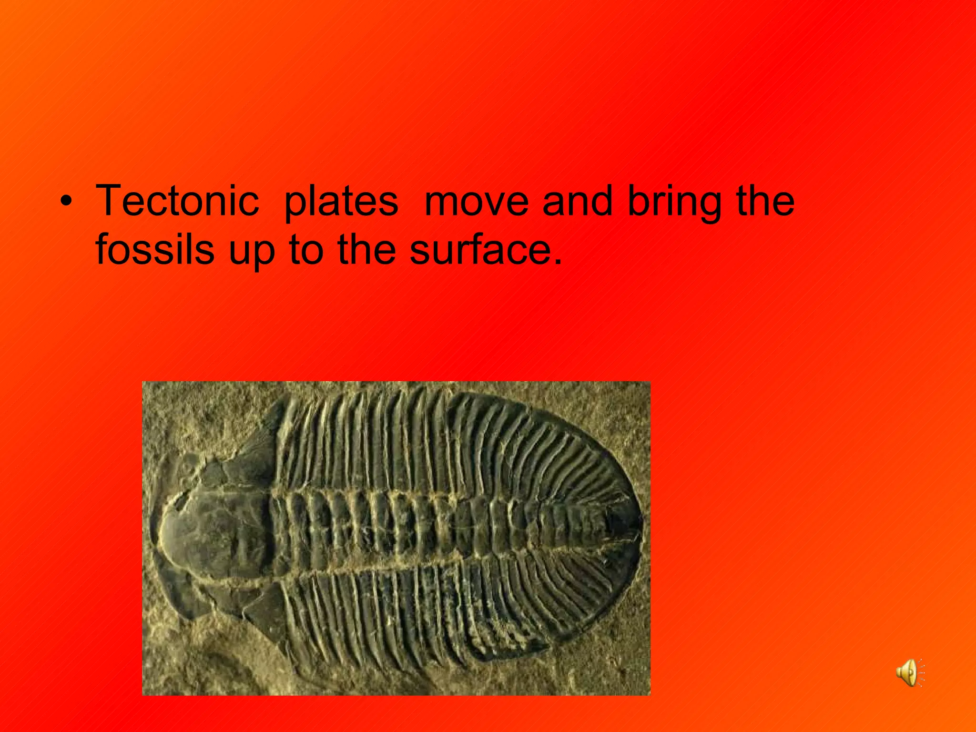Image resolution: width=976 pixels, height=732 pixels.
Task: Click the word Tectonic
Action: tap(177, 201)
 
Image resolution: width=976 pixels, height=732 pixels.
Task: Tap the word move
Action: tap(476, 201)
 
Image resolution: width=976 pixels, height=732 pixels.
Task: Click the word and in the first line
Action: tap(577, 201)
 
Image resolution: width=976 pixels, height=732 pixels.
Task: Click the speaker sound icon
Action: tap(908, 672)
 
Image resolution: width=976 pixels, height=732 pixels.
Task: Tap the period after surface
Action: tap(558, 262)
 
